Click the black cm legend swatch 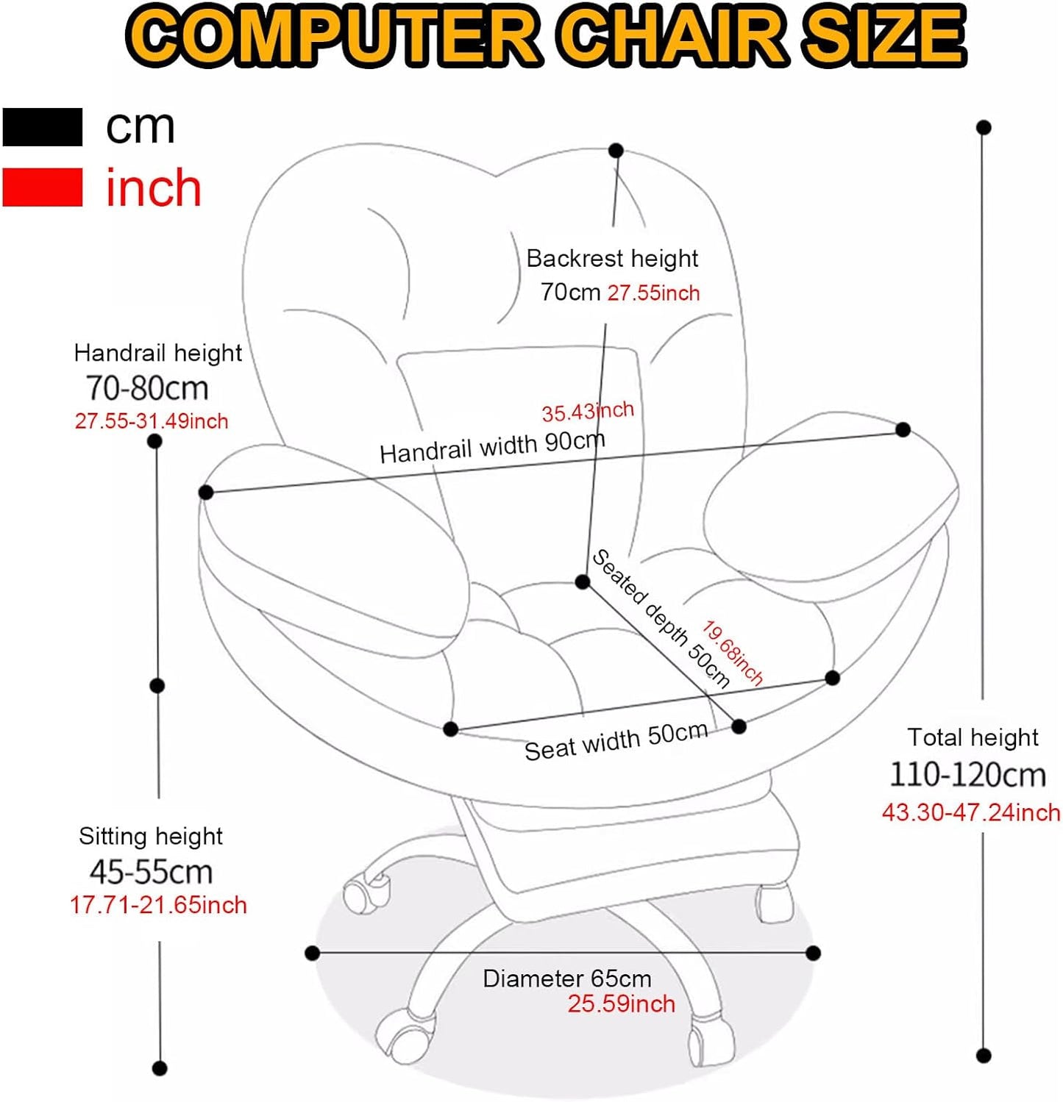coord(42,126)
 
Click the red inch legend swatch coord(42,187)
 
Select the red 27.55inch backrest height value coord(653,293)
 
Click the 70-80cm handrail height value coord(147,387)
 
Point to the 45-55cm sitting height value coord(151,872)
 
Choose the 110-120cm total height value coord(967,775)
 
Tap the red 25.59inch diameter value coord(621,1004)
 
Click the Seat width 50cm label coord(616,742)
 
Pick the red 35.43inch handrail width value coord(587,412)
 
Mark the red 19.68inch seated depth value coord(733,651)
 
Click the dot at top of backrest coord(616,151)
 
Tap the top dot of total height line coord(984,127)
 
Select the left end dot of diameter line coord(312,953)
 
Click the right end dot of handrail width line coord(903,430)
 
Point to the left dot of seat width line coord(451,729)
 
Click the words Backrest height coord(612,259)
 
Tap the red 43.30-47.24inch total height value coord(970,812)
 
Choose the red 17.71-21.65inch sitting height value coord(158,905)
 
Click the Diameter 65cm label coord(566,979)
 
